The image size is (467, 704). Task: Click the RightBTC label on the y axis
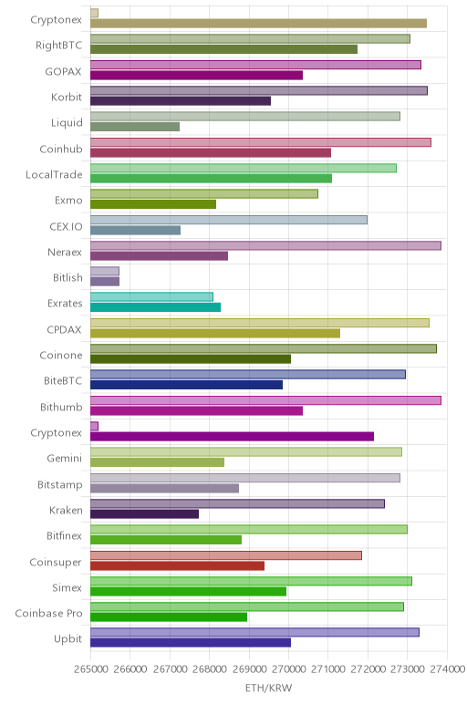(58, 46)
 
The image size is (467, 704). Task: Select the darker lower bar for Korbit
(181, 101)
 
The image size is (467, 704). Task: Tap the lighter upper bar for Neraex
(265, 245)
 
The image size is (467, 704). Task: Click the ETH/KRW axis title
(268, 688)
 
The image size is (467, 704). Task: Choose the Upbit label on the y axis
(67, 639)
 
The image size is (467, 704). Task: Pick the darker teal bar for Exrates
(155, 307)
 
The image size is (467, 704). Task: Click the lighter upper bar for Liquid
(245, 117)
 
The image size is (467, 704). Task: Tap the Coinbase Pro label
(48, 614)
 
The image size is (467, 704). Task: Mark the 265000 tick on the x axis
(91, 669)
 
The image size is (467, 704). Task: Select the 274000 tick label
(447, 669)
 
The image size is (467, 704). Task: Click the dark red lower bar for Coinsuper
(177, 565)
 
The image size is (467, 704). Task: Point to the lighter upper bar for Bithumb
(265, 400)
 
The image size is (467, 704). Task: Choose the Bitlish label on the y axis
(67, 278)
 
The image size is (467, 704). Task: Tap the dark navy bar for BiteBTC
(186, 385)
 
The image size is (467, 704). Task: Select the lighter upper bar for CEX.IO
(229, 220)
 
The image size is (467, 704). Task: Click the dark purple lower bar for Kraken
(145, 514)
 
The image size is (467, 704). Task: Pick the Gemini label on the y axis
(65, 459)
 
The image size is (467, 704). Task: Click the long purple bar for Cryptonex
(233, 437)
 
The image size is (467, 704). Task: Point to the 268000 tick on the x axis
(210, 669)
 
